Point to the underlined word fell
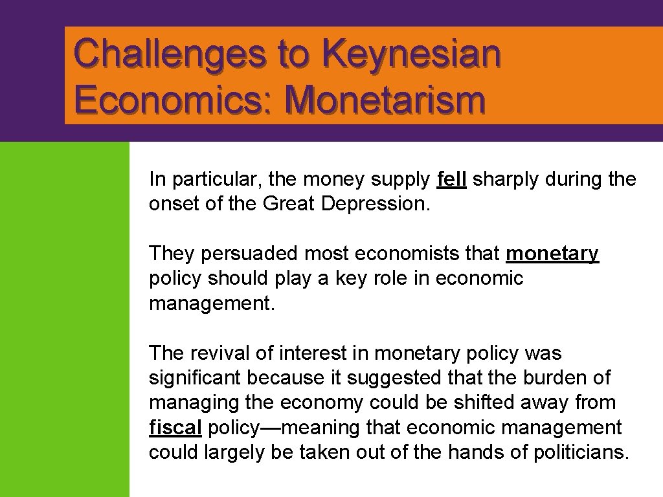coord(452,179)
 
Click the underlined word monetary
coord(552,254)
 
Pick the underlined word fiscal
coord(175,428)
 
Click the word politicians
coord(580,452)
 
